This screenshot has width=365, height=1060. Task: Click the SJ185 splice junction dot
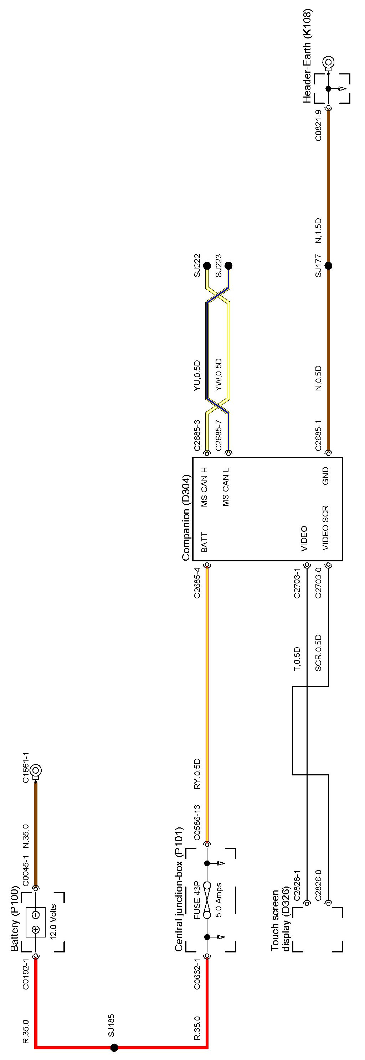[x=114, y=1047]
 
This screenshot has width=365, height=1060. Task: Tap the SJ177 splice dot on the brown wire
[x=328, y=266]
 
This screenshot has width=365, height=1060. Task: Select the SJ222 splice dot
[x=207, y=266]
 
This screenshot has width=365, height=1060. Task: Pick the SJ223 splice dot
[x=228, y=266]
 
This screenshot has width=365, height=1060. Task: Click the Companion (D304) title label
[x=186, y=517]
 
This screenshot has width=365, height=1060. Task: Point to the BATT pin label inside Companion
[x=204, y=542]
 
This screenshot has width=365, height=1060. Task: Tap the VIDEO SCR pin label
[x=325, y=528]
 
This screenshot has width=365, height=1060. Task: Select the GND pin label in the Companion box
[x=325, y=476]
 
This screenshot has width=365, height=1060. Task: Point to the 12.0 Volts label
[x=53, y=921]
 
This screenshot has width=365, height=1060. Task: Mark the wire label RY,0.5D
[x=197, y=774]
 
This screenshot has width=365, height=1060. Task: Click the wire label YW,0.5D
[x=219, y=374]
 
